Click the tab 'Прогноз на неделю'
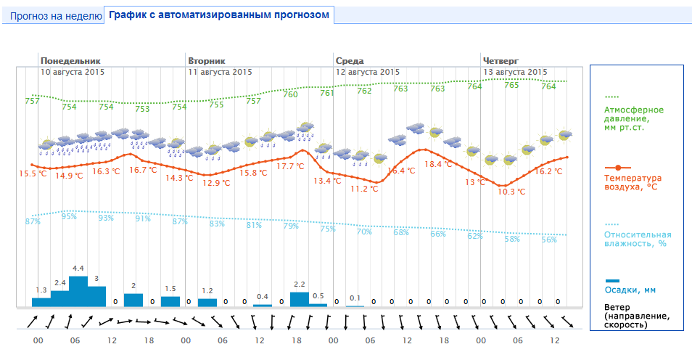click(x=55, y=15)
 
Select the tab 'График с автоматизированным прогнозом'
click(x=219, y=15)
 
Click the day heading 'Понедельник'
click(x=70, y=60)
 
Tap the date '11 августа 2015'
click(x=220, y=72)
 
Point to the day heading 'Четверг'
click(x=501, y=60)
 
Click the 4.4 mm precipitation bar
click(x=78, y=292)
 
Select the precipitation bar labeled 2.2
click(x=299, y=299)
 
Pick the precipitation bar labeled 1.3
click(x=41, y=301)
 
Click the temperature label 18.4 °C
click(x=437, y=164)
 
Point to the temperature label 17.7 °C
click(x=291, y=166)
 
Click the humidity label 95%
click(x=69, y=216)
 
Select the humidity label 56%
click(x=549, y=240)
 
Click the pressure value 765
click(x=511, y=85)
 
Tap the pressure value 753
click(x=142, y=109)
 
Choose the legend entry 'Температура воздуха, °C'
click(x=633, y=182)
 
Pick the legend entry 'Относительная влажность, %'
click(x=638, y=239)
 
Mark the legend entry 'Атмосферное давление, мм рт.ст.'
click(x=634, y=118)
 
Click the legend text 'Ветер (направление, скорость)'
click(x=634, y=316)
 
